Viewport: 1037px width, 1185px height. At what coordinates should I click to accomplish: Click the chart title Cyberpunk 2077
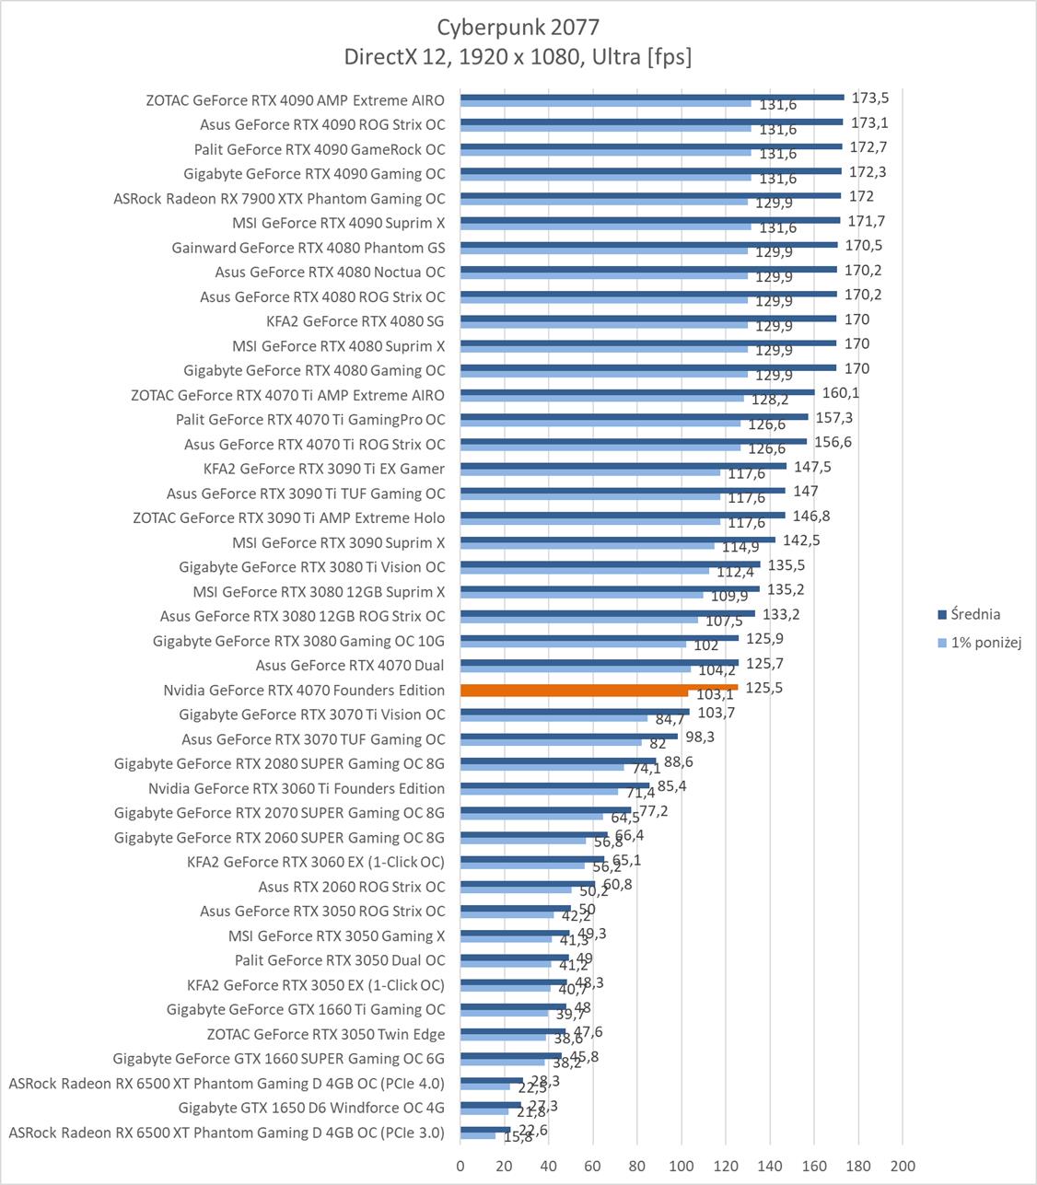click(x=518, y=27)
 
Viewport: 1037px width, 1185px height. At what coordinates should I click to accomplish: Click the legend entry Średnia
click(x=974, y=614)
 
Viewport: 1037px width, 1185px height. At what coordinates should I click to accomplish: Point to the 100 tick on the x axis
click(x=682, y=1165)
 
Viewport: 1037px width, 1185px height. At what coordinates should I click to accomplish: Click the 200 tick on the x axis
click(x=903, y=1165)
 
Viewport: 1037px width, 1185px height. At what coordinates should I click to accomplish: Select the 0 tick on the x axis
click(x=460, y=1165)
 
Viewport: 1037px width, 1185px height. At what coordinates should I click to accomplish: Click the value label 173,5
click(x=870, y=98)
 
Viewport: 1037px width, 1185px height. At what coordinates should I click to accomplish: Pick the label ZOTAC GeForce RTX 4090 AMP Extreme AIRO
click(x=295, y=100)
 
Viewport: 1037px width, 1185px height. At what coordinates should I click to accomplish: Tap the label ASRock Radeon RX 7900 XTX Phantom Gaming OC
click(x=279, y=199)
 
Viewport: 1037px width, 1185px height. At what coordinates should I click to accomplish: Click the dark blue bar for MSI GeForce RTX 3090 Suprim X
click(x=617, y=540)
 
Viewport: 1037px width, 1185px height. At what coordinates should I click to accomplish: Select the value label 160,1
click(x=840, y=393)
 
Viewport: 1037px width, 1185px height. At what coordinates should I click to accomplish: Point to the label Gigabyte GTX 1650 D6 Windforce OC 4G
click(x=311, y=1108)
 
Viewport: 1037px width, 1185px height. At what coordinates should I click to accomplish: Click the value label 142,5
click(x=801, y=540)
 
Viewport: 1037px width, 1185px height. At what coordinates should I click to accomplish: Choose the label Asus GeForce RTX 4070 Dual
click(x=350, y=666)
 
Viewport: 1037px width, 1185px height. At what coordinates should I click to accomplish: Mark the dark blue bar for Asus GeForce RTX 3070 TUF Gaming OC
click(x=568, y=736)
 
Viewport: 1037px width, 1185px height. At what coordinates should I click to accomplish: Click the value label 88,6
click(x=678, y=761)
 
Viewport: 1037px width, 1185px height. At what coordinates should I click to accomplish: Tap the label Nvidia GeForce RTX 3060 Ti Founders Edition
click(x=297, y=788)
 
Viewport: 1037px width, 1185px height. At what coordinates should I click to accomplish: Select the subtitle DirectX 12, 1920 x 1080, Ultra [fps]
click(x=518, y=57)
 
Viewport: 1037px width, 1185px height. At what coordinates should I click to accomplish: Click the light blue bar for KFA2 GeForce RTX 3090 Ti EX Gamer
click(x=589, y=472)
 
